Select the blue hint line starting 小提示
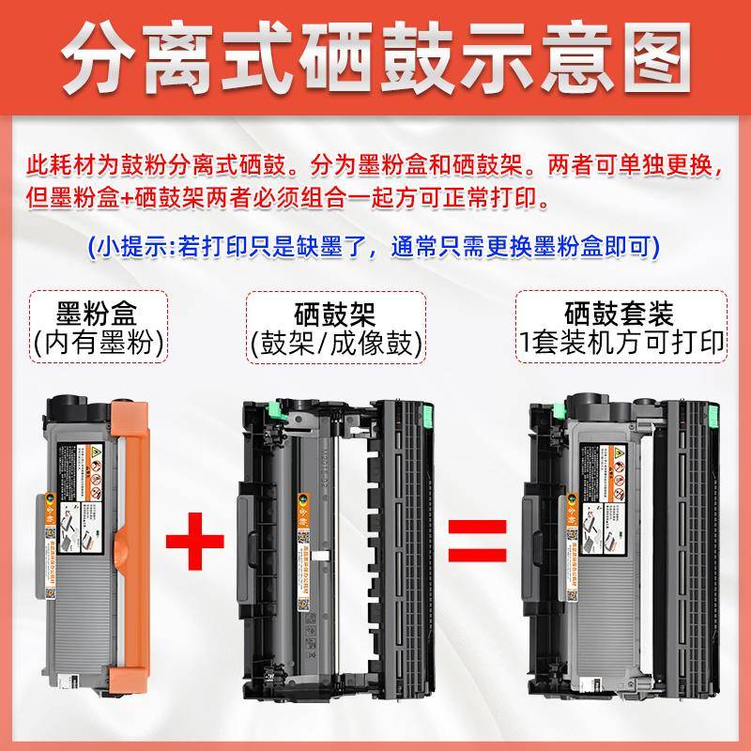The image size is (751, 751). point(372,247)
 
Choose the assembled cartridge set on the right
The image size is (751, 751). point(620,544)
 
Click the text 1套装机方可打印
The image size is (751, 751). point(620,343)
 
